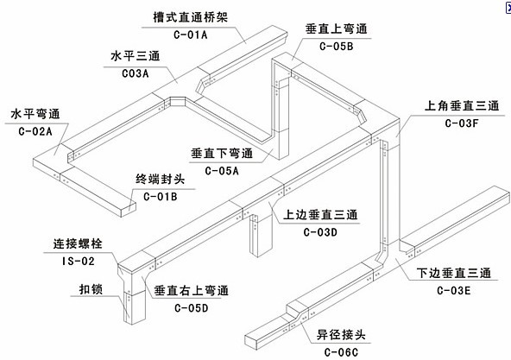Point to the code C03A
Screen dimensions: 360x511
pyautogui.click(x=130, y=74)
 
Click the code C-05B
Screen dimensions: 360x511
pyautogui.click(x=335, y=47)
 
